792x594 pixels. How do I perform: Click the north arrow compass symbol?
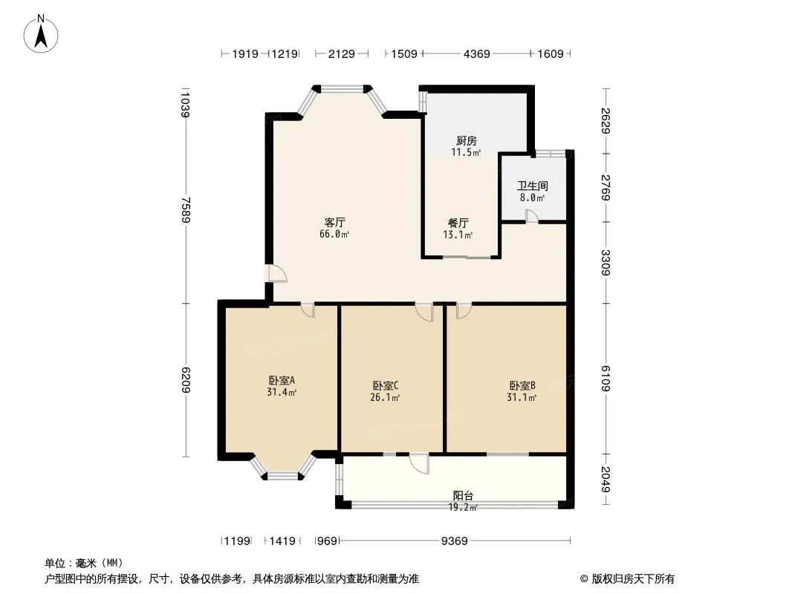[x=41, y=34]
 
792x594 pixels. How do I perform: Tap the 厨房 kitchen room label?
[x=466, y=141]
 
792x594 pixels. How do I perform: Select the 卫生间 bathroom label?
[x=533, y=186]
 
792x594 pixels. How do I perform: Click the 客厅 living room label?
[x=334, y=223]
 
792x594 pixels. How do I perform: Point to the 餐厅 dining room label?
[x=458, y=223]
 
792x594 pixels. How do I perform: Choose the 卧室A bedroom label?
[x=282, y=380]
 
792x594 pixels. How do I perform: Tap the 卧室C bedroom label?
[x=386, y=386]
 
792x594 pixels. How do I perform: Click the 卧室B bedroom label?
[x=522, y=386]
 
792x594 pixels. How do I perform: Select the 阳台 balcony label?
[x=463, y=496]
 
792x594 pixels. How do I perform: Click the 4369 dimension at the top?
[x=477, y=53]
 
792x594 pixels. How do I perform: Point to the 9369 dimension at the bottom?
[x=455, y=541]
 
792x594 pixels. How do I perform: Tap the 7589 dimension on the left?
[x=186, y=210]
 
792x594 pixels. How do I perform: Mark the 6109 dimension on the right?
[x=606, y=378]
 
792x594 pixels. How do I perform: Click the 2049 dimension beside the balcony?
[x=606, y=479]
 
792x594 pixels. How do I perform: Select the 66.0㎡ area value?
[x=334, y=234]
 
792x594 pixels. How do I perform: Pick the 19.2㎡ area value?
[x=463, y=508]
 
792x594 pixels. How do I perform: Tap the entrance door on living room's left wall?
[x=277, y=273]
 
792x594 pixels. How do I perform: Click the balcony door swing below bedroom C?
[x=419, y=463]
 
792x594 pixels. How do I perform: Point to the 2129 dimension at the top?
[x=342, y=53]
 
